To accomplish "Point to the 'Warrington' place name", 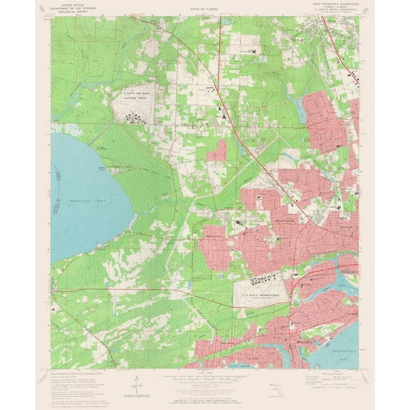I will click(x=285, y=330).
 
